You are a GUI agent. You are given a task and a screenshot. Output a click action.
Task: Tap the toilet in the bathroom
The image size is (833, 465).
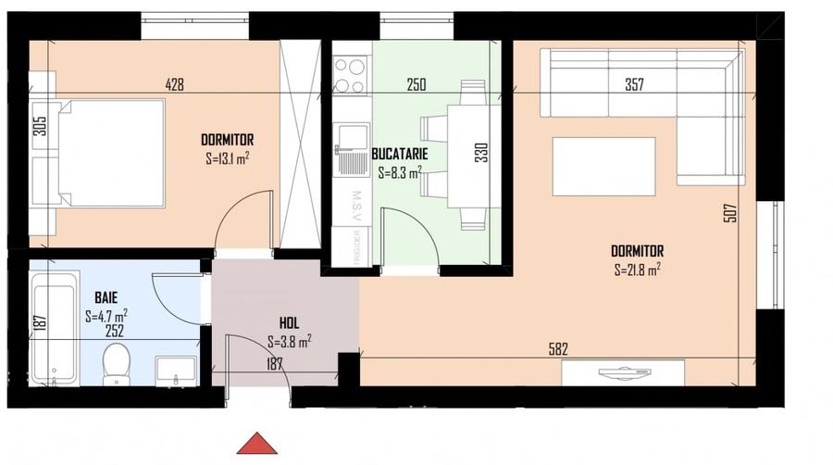(x=116, y=362)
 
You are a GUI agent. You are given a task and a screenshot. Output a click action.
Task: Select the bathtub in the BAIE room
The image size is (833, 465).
(x=53, y=333)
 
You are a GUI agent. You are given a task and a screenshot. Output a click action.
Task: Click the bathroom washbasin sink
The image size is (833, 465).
(x=176, y=370)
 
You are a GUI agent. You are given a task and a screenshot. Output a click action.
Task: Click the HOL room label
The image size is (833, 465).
(x=289, y=323)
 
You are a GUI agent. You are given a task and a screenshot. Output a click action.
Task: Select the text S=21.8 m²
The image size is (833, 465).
(x=637, y=270)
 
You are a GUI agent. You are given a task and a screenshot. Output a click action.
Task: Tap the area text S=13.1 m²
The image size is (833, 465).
(x=227, y=158)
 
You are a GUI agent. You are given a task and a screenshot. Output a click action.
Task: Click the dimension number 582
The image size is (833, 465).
(x=557, y=349)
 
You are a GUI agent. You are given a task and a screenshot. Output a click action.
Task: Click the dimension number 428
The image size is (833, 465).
(x=174, y=84)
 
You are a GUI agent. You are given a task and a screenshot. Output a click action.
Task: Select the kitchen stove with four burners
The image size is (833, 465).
(x=350, y=76)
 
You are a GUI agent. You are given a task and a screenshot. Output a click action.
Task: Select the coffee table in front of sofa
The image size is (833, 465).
(x=603, y=166)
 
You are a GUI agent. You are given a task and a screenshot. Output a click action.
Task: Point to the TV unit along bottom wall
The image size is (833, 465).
(x=624, y=372)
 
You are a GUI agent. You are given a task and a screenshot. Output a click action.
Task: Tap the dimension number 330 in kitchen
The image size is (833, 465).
(x=480, y=152)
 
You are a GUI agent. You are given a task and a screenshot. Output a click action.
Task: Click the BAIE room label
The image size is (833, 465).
(x=106, y=298)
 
